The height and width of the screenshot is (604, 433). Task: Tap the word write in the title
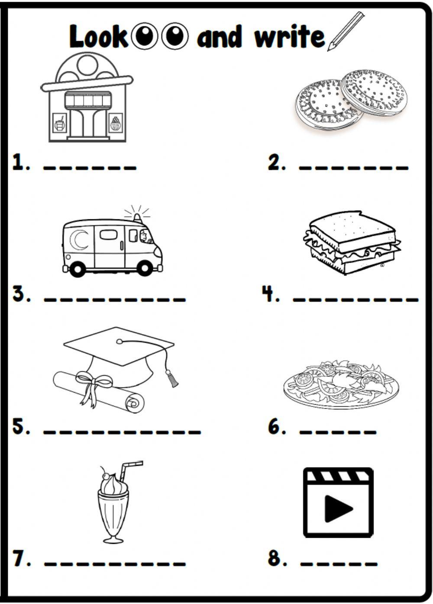point(289,37)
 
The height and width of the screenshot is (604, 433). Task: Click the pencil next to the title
point(346,31)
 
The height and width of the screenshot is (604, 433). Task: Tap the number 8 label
point(276,558)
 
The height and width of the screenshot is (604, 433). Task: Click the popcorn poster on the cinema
point(116,123)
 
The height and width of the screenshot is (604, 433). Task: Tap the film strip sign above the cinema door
point(88,100)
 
